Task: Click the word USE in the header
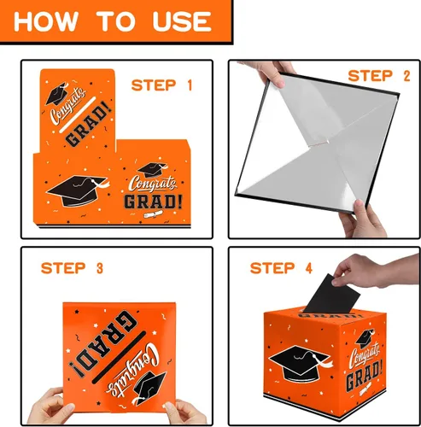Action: tap(182, 21)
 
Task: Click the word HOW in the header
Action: tap(46, 21)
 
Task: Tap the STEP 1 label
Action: tap(161, 85)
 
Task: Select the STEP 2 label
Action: tap(379, 76)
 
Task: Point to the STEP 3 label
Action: tap(72, 268)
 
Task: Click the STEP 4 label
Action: tap(281, 268)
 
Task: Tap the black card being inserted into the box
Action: tap(331, 294)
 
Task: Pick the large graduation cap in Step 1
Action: tap(77, 190)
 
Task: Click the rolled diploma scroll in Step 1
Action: tap(153, 214)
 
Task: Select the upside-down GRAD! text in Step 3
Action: tap(104, 344)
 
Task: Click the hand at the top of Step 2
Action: tap(267, 73)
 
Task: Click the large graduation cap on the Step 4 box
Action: tap(301, 363)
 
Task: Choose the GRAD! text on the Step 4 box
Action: tap(364, 374)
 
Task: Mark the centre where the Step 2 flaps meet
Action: tap(327, 142)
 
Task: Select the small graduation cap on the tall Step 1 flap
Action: tap(57, 94)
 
